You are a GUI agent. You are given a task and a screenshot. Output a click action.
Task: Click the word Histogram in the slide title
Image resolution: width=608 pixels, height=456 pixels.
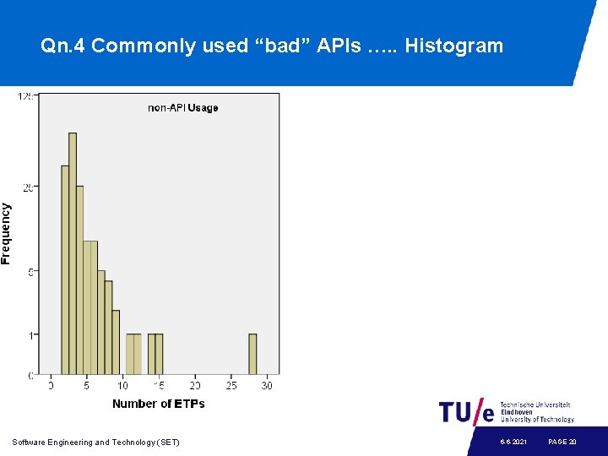tap(453, 46)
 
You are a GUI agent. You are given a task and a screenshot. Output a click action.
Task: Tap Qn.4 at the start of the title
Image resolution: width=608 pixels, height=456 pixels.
tap(62, 46)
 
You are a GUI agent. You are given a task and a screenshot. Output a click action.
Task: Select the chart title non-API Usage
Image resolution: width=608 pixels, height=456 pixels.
tap(182, 107)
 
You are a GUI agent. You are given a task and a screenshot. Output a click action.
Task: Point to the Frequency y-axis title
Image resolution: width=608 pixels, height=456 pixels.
tap(7, 233)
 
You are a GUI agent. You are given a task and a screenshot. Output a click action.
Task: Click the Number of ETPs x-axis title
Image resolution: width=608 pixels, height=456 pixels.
tap(158, 404)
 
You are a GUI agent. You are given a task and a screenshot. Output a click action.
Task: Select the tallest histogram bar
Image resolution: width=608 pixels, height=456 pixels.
tap(73, 253)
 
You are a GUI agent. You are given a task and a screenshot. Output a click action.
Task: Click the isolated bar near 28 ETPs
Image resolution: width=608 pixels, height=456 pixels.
tap(252, 354)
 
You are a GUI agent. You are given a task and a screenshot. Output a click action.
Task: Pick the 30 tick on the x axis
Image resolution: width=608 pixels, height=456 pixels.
tap(267, 386)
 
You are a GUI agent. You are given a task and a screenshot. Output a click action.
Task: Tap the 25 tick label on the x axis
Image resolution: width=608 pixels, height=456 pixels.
tap(231, 386)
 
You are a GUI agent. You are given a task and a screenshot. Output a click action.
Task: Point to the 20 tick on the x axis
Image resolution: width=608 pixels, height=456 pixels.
tap(195, 386)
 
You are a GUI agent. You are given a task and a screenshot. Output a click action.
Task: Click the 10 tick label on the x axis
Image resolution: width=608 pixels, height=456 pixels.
tap(122, 386)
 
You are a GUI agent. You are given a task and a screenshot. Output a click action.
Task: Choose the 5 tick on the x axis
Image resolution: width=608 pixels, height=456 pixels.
tap(87, 386)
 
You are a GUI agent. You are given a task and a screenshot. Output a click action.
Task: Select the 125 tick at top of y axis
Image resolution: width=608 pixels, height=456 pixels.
tap(26, 96)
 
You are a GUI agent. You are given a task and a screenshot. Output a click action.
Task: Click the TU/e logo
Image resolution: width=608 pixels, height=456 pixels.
tap(466, 412)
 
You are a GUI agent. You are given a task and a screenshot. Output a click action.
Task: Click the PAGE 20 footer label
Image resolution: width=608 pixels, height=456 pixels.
tap(562, 442)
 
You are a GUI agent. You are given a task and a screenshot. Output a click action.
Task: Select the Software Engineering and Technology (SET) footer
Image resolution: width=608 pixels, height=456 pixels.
tap(95, 442)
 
